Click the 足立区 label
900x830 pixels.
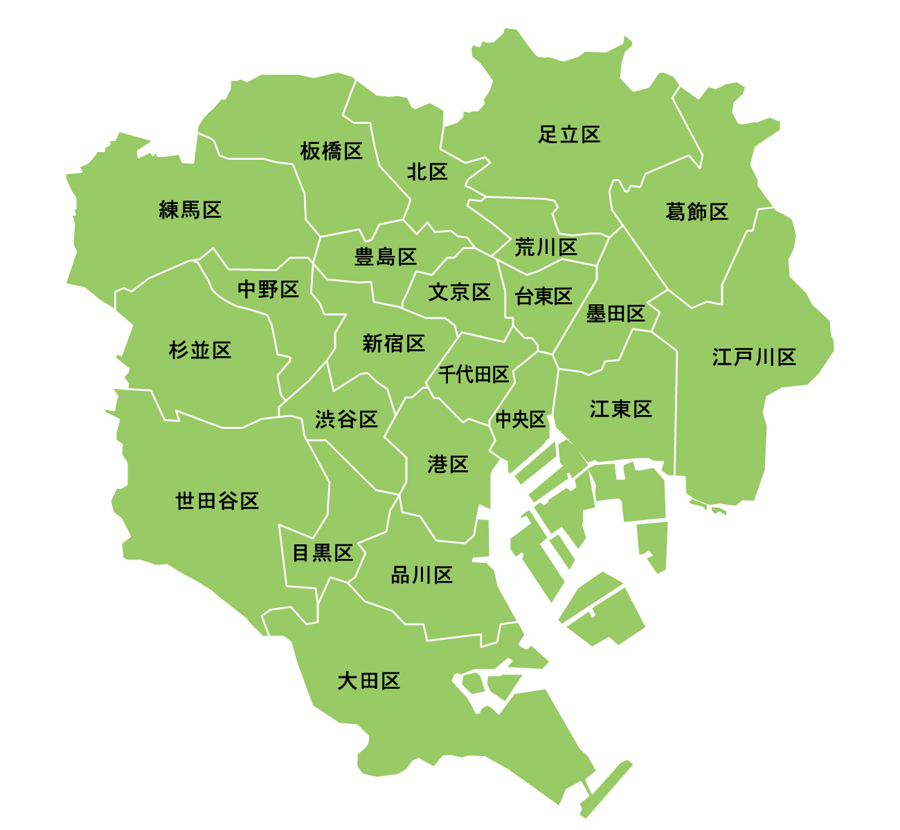point(569,134)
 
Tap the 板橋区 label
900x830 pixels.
point(332,151)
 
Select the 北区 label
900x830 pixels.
point(427,172)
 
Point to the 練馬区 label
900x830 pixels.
point(190,210)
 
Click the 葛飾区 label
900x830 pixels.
point(696,212)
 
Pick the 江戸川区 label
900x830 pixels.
point(754,358)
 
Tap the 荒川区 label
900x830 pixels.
point(546,247)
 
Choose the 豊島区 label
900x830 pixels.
point(386,257)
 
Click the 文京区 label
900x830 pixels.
point(460,293)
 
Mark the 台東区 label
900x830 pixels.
point(543,297)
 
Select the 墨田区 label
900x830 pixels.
point(615,314)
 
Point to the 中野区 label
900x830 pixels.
point(269,289)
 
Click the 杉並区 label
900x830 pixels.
point(200,350)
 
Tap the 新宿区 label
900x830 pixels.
point(394,343)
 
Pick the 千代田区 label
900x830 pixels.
point(474,375)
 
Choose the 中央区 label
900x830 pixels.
point(521,419)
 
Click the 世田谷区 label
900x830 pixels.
point(217,501)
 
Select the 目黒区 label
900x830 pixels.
point(323,553)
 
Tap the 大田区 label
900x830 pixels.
point(369,681)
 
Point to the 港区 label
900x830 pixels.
point(449,464)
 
